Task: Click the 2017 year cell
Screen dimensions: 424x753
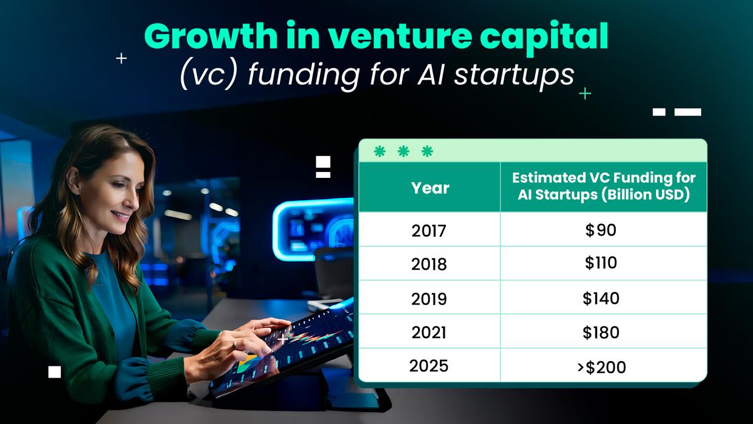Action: pyautogui.click(x=429, y=230)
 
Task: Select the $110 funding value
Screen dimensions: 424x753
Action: pyautogui.click(x=601, y=263)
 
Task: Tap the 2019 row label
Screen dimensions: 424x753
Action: pyautogui.click(x=429, y=299)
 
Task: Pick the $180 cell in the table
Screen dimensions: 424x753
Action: pyautogui.click(x=601, y=332)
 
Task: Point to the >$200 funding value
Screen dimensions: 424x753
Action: pyautogui.click(x=601, y=367)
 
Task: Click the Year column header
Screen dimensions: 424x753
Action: pyautogui.click(x=430, y=188)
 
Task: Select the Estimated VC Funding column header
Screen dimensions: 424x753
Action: pyautogui.click(x=604, y=186)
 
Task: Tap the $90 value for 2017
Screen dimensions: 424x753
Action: pyautogui.click(x=601, y=230)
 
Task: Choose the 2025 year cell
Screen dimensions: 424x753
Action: pyautogui.click(x=429, y=366)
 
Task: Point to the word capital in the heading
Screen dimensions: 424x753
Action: pyautogui.click(x=544, y=37)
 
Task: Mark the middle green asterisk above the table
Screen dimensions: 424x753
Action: pyautogui.click(x=403, y=152)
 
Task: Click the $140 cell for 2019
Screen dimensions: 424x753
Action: pyautogui.click(x=601, y=298)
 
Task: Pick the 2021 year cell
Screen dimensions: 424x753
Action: pyautogui.click(x=429, y=332)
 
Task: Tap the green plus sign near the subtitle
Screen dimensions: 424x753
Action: pyautogui.click(x=585, y=93)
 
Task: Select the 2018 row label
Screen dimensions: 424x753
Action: pyautogui.click(x=429, y=264)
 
